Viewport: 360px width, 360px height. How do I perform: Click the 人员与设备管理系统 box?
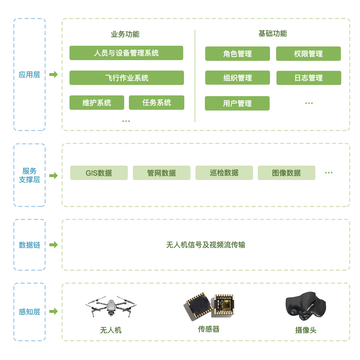(126, 53)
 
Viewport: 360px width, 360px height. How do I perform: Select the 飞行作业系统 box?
(126, 78)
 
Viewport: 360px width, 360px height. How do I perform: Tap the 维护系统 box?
(97, 103)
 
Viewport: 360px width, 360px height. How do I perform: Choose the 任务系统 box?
(157, 103)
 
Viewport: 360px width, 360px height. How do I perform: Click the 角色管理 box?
(238, 54)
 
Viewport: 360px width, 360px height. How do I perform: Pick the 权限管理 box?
(309, 54)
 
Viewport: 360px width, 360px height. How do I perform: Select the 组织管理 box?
(238, 78)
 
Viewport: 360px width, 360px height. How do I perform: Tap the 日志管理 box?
(309, 78)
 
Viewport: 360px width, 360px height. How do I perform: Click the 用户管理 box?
(237, 103)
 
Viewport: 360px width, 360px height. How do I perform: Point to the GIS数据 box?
(99, 173)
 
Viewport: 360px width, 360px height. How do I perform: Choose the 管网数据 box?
(162, 173)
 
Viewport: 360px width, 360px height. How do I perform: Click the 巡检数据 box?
(224, 173)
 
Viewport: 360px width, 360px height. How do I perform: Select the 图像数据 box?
(287, 173)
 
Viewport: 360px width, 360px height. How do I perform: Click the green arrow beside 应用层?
(53, 75)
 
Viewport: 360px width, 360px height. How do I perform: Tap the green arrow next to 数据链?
(53, 245)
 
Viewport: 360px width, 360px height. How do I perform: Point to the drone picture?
(111, 306)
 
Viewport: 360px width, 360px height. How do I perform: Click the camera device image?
(305, 306)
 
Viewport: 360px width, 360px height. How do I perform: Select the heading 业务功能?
(125, 34)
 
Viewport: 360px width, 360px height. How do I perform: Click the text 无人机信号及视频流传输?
(206, 245)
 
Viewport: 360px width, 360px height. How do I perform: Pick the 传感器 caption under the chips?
(209, 329)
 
